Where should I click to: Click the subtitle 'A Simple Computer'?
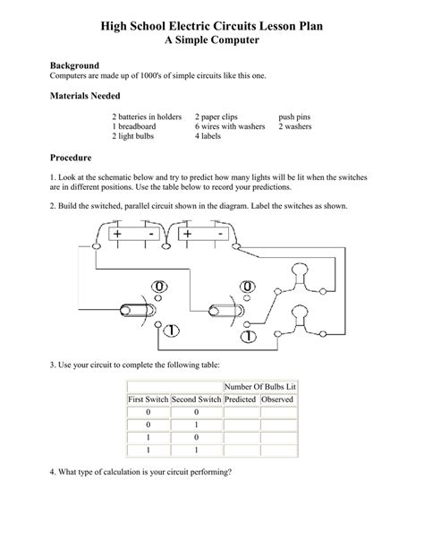tap(212, 40)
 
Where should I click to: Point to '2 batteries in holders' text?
tap(147, 117)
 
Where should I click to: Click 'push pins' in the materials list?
tap(294, 117)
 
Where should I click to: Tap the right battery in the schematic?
tap(202, 234)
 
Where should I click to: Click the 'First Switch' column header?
tap(148, 399)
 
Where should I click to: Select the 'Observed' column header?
tap(279, 399)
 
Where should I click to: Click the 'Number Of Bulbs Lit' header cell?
tap(260, 386)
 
